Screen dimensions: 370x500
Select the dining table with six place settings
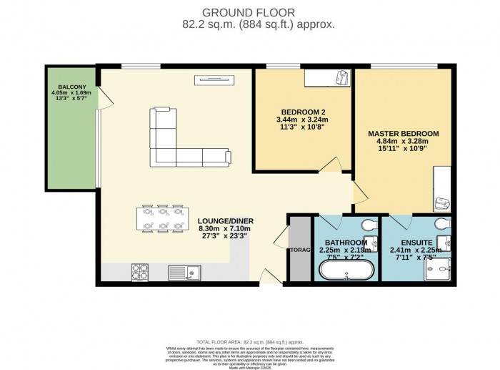click(x=161, y=218)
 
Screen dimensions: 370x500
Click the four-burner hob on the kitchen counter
click(x=139, y=272)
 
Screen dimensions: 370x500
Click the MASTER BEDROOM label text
click(x=404, y=133)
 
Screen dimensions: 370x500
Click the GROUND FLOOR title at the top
click(x=248, y=12)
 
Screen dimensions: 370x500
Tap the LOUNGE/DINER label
click(x=226, y=220)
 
